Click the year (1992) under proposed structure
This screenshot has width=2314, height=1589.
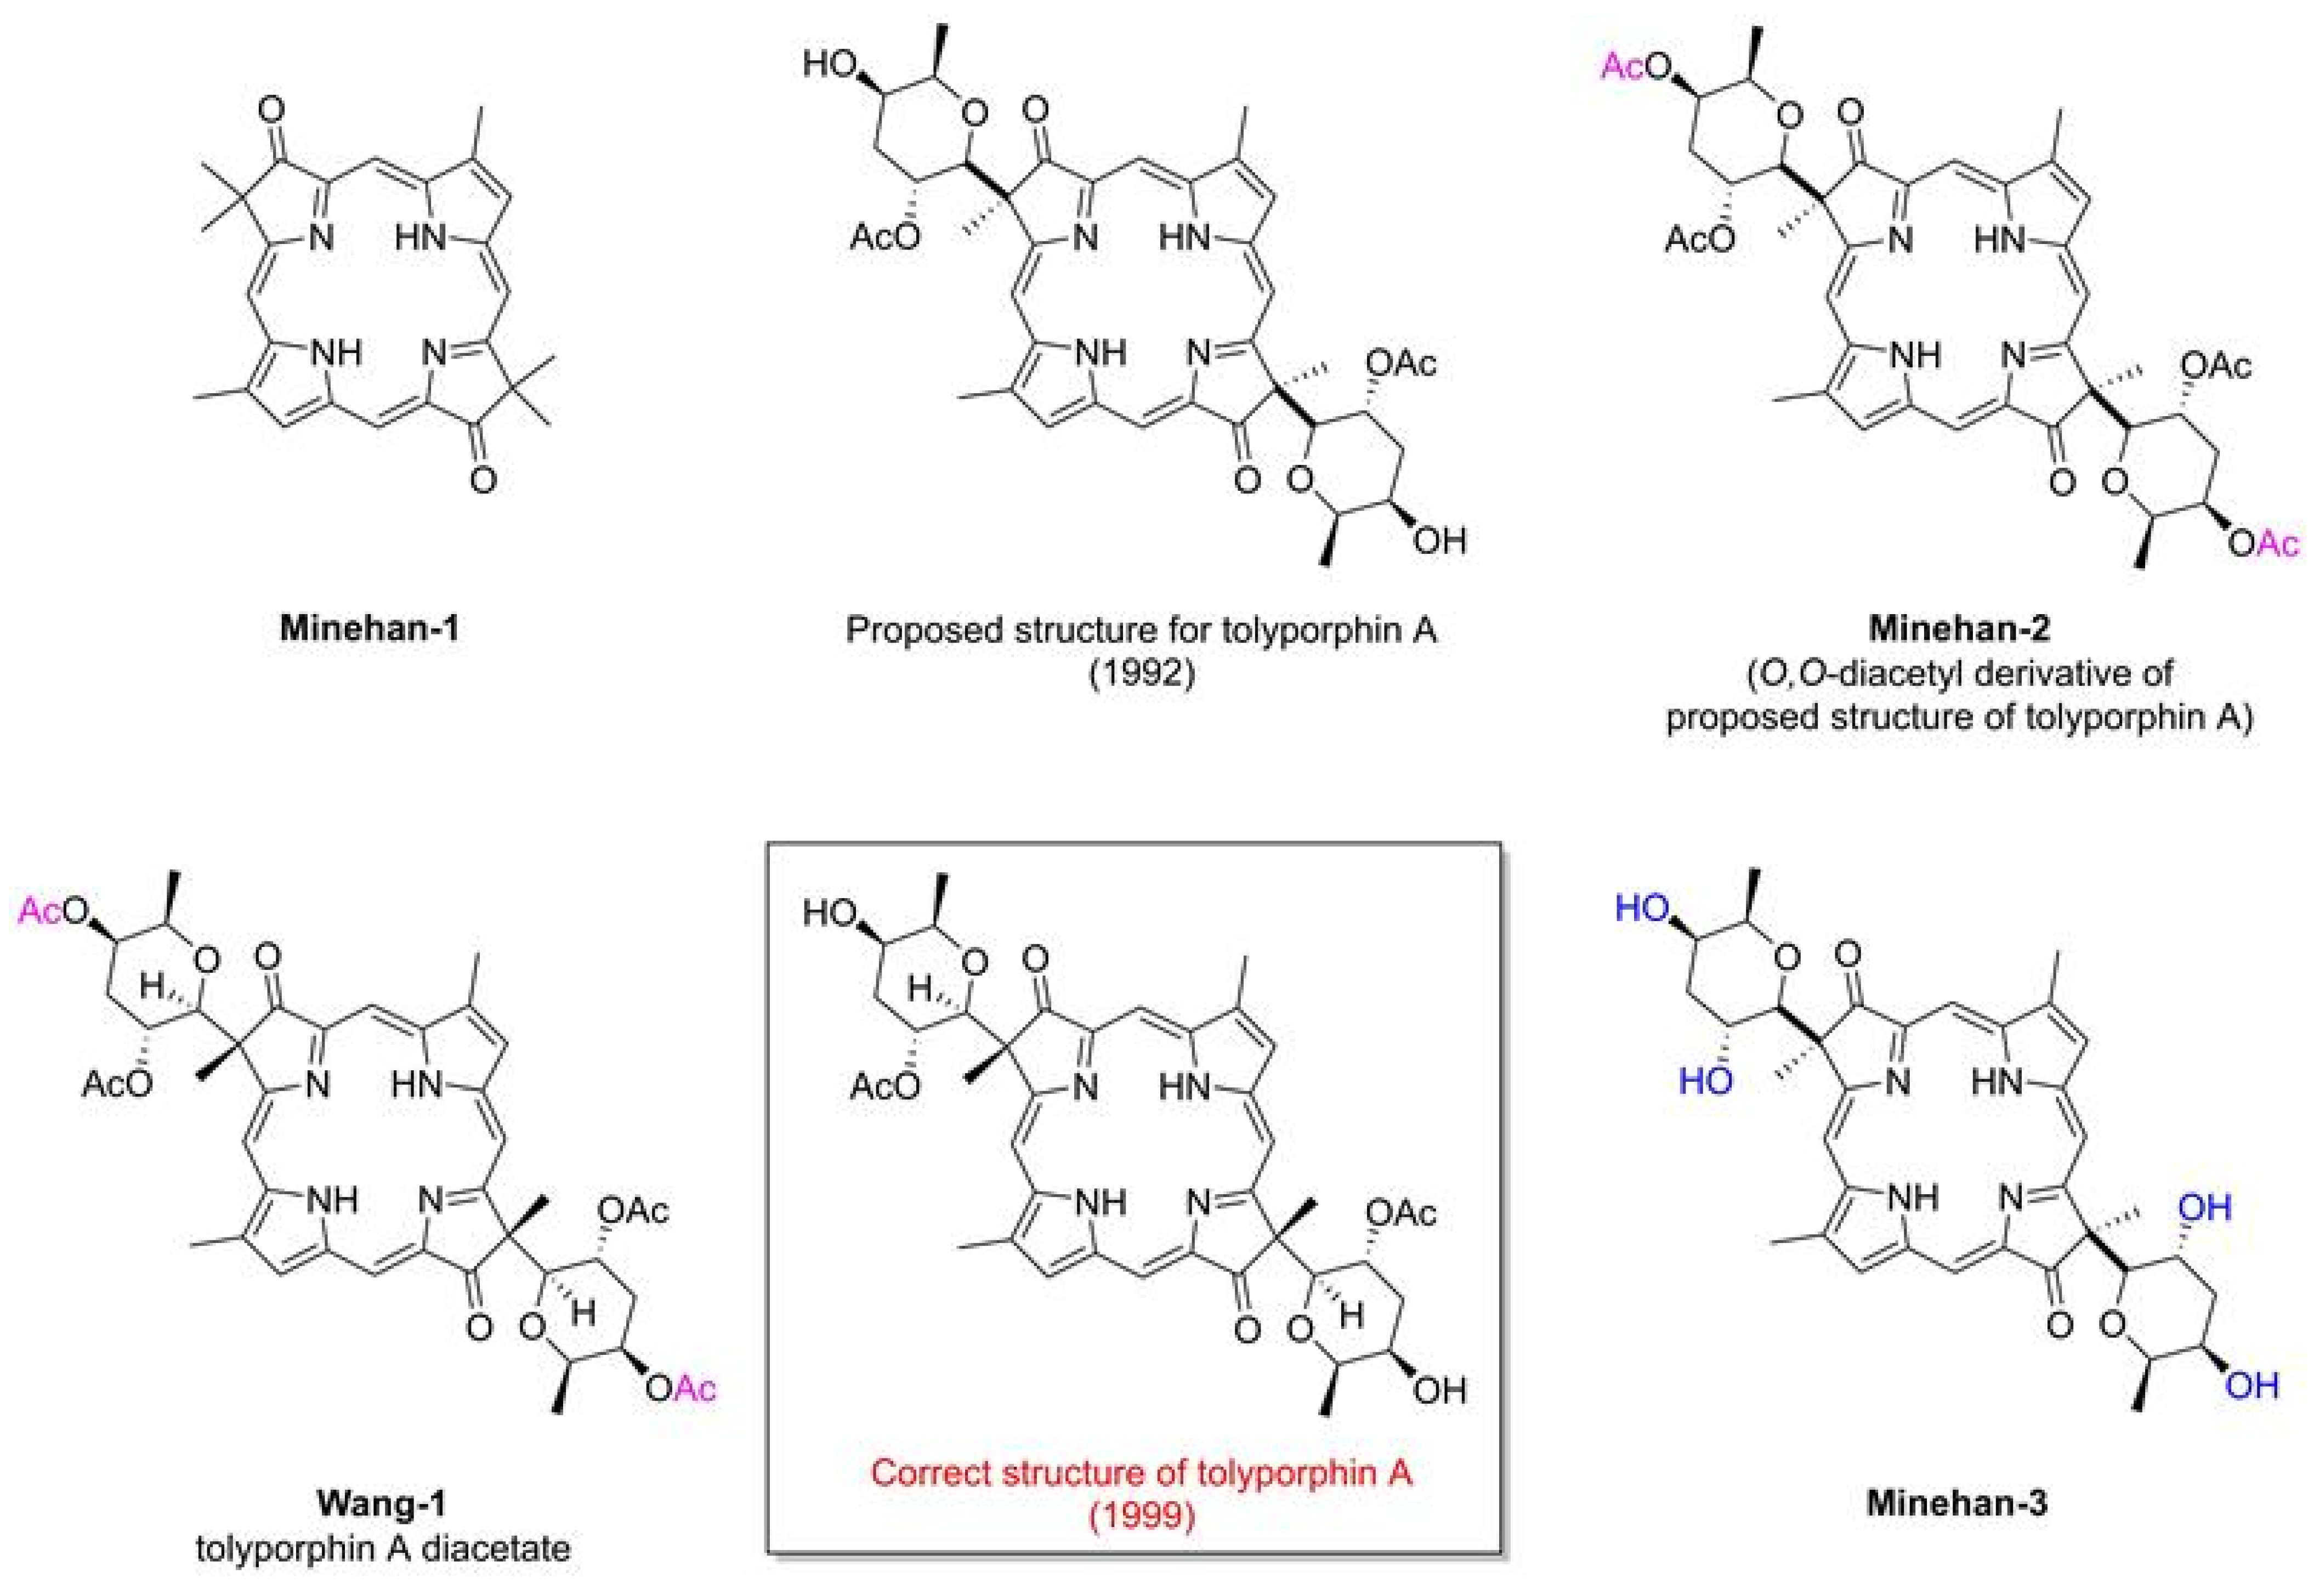pos(1141,673)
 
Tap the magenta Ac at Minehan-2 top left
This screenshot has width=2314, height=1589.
pos(1621,67)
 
